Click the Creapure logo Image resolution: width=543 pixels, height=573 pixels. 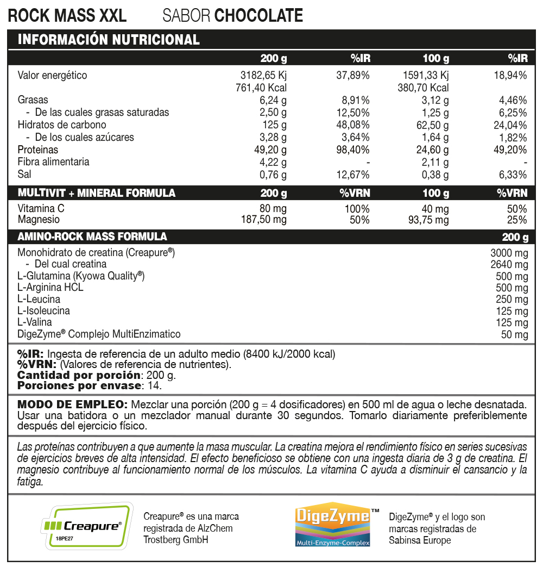(87, 526)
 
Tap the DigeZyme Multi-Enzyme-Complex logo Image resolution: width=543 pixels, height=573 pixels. (333, 526)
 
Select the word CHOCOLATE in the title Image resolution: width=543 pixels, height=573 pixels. (259, 16)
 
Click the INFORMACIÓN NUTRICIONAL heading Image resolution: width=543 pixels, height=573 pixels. (109, 40)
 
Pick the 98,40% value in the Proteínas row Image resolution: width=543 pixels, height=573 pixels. (353, 150)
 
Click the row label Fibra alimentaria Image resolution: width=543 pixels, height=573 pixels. (53, 162)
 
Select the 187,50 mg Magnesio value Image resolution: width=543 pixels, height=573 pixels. (263, 220)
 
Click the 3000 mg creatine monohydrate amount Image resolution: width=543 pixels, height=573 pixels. (509, 253)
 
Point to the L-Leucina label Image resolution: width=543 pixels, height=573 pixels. (39, 300)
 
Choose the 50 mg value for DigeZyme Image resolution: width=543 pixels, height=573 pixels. (514, 335)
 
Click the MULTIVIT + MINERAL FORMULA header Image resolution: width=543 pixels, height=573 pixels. (97, 193)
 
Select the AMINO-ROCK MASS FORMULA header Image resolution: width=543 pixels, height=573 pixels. (92, 237)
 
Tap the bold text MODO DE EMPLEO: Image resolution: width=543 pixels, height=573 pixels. (72, 405)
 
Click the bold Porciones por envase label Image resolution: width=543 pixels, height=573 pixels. (79, 386)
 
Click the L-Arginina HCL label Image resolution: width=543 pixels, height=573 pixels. (50, 288)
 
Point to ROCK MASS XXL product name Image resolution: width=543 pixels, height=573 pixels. (67, 16)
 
